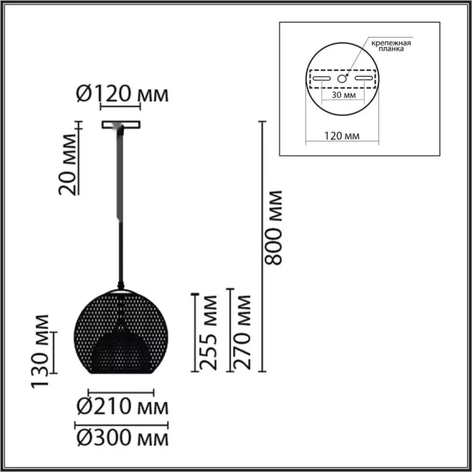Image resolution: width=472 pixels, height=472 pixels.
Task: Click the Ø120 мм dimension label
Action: (x=122, y=93)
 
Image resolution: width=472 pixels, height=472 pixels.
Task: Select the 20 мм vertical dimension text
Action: (x=67, y=165)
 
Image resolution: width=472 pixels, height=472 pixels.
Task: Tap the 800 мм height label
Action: (x=272, y=228)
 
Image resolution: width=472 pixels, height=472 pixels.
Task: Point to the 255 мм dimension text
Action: (x=208, y=332)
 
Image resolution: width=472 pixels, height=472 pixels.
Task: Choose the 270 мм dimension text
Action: (x=241, y=332)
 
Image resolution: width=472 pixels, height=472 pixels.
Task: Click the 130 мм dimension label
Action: (x=40, y=351)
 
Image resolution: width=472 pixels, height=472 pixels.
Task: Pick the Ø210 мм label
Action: (x=122, y=407)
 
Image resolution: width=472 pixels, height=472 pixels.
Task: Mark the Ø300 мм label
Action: (x=122, y=438)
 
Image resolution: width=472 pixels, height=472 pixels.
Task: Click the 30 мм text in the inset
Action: (x=343, y=95)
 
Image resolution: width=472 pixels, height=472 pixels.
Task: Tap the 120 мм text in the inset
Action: (x=342, y=136)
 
